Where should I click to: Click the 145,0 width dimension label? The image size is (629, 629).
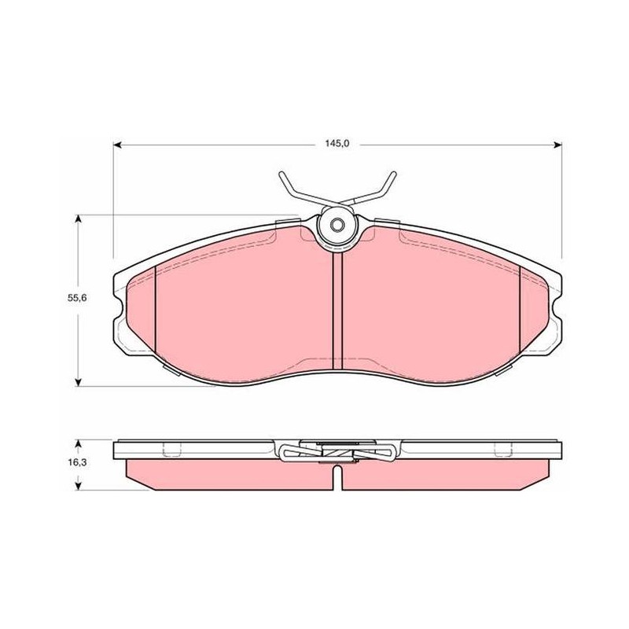point(337,144)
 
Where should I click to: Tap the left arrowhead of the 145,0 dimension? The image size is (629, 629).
point(117,145)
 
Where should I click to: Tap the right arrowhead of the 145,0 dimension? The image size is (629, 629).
point(557,145)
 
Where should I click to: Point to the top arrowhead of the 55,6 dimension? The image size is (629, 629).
point(79,219)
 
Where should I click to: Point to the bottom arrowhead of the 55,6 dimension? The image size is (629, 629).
point(79,382)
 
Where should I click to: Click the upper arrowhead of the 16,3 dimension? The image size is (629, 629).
point(79,443)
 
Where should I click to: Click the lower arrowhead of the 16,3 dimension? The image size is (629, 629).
point(79,486)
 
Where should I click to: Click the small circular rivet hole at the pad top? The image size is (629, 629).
point(337,226)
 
